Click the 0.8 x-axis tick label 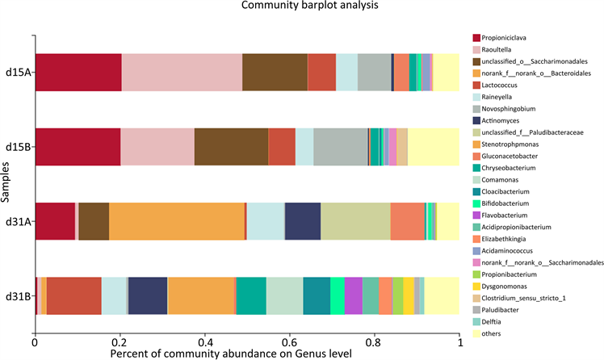pos(373,342)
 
